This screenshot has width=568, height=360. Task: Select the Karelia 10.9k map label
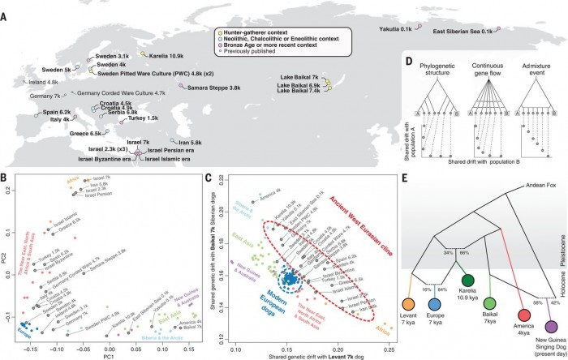pyautogui.click(x=167, y=56)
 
